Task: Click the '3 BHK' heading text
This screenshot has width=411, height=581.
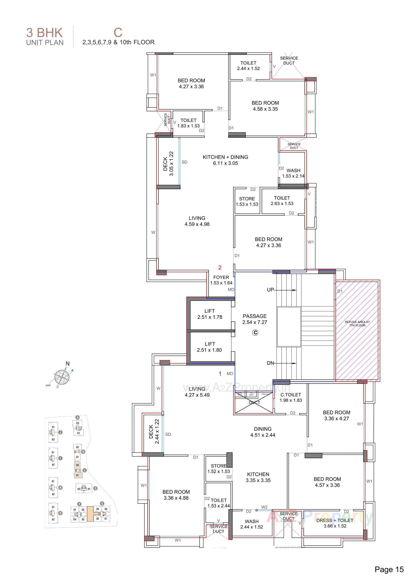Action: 44,33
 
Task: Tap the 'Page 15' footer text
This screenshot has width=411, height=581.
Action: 389,569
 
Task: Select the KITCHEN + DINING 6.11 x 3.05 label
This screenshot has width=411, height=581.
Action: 225,160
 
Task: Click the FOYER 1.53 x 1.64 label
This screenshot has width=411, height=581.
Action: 221,280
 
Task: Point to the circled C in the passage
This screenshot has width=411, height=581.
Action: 255,333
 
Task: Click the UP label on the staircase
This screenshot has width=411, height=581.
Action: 270,290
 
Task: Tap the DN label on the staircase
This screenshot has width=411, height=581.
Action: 270,363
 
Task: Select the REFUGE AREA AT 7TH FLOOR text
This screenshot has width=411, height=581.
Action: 357,324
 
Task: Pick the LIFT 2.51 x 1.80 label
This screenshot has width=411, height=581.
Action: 210,347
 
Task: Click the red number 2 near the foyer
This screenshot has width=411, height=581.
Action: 220,268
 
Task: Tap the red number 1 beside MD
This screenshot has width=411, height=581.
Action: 220,374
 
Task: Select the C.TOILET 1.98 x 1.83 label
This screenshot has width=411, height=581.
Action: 291,397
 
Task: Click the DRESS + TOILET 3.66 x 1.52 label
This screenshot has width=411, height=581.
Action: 335,523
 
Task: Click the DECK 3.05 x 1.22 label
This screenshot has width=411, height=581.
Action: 168,164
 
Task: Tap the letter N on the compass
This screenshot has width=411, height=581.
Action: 67,364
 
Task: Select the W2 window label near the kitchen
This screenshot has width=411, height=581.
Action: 264,507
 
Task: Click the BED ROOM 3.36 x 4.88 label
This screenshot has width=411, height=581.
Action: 176,495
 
